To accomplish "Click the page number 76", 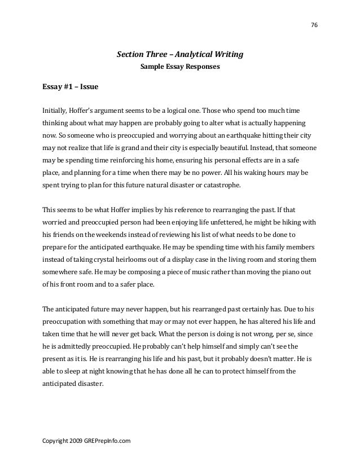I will click(x=314, y=25).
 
